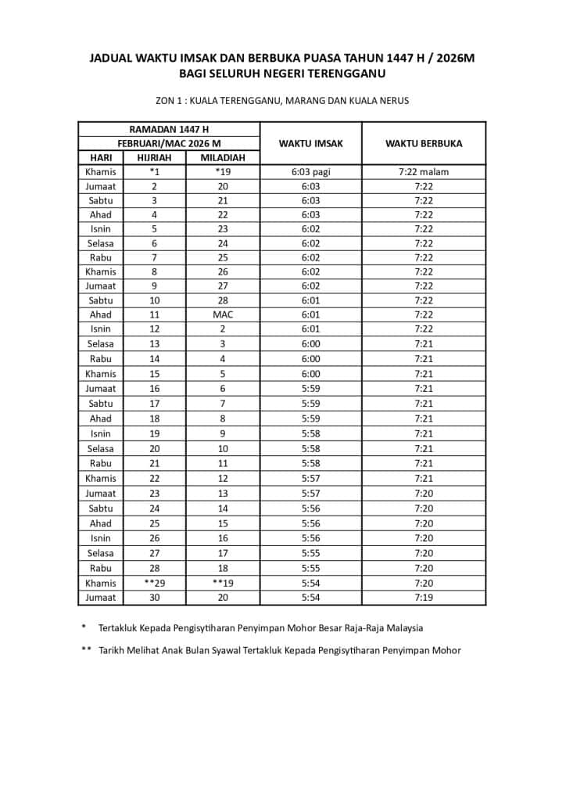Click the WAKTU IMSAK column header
click(x=310, y=143)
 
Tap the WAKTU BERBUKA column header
click(x=423, y=143)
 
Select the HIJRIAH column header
click(x=154, y=157)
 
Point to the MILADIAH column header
click(x=223, y=157)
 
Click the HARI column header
click(x=101, y=157)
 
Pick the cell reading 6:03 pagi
click(x=310, y=172)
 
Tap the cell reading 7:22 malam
click(x=423, y=172)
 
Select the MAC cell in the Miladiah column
click(x=223, y=314)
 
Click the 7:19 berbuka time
click(x=423, y=598)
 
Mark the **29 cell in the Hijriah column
click(x=154, y=583)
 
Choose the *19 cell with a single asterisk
click(x=223, y=172)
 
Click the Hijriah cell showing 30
click(x=154, y=598)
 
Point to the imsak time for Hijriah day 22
click(x=310, y=478)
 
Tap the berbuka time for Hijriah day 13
click(x=423, y=343)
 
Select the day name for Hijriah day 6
click(x=101, y=243)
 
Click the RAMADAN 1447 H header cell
click(x=169, y=129)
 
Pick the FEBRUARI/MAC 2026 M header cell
click(x=169, y=143)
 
